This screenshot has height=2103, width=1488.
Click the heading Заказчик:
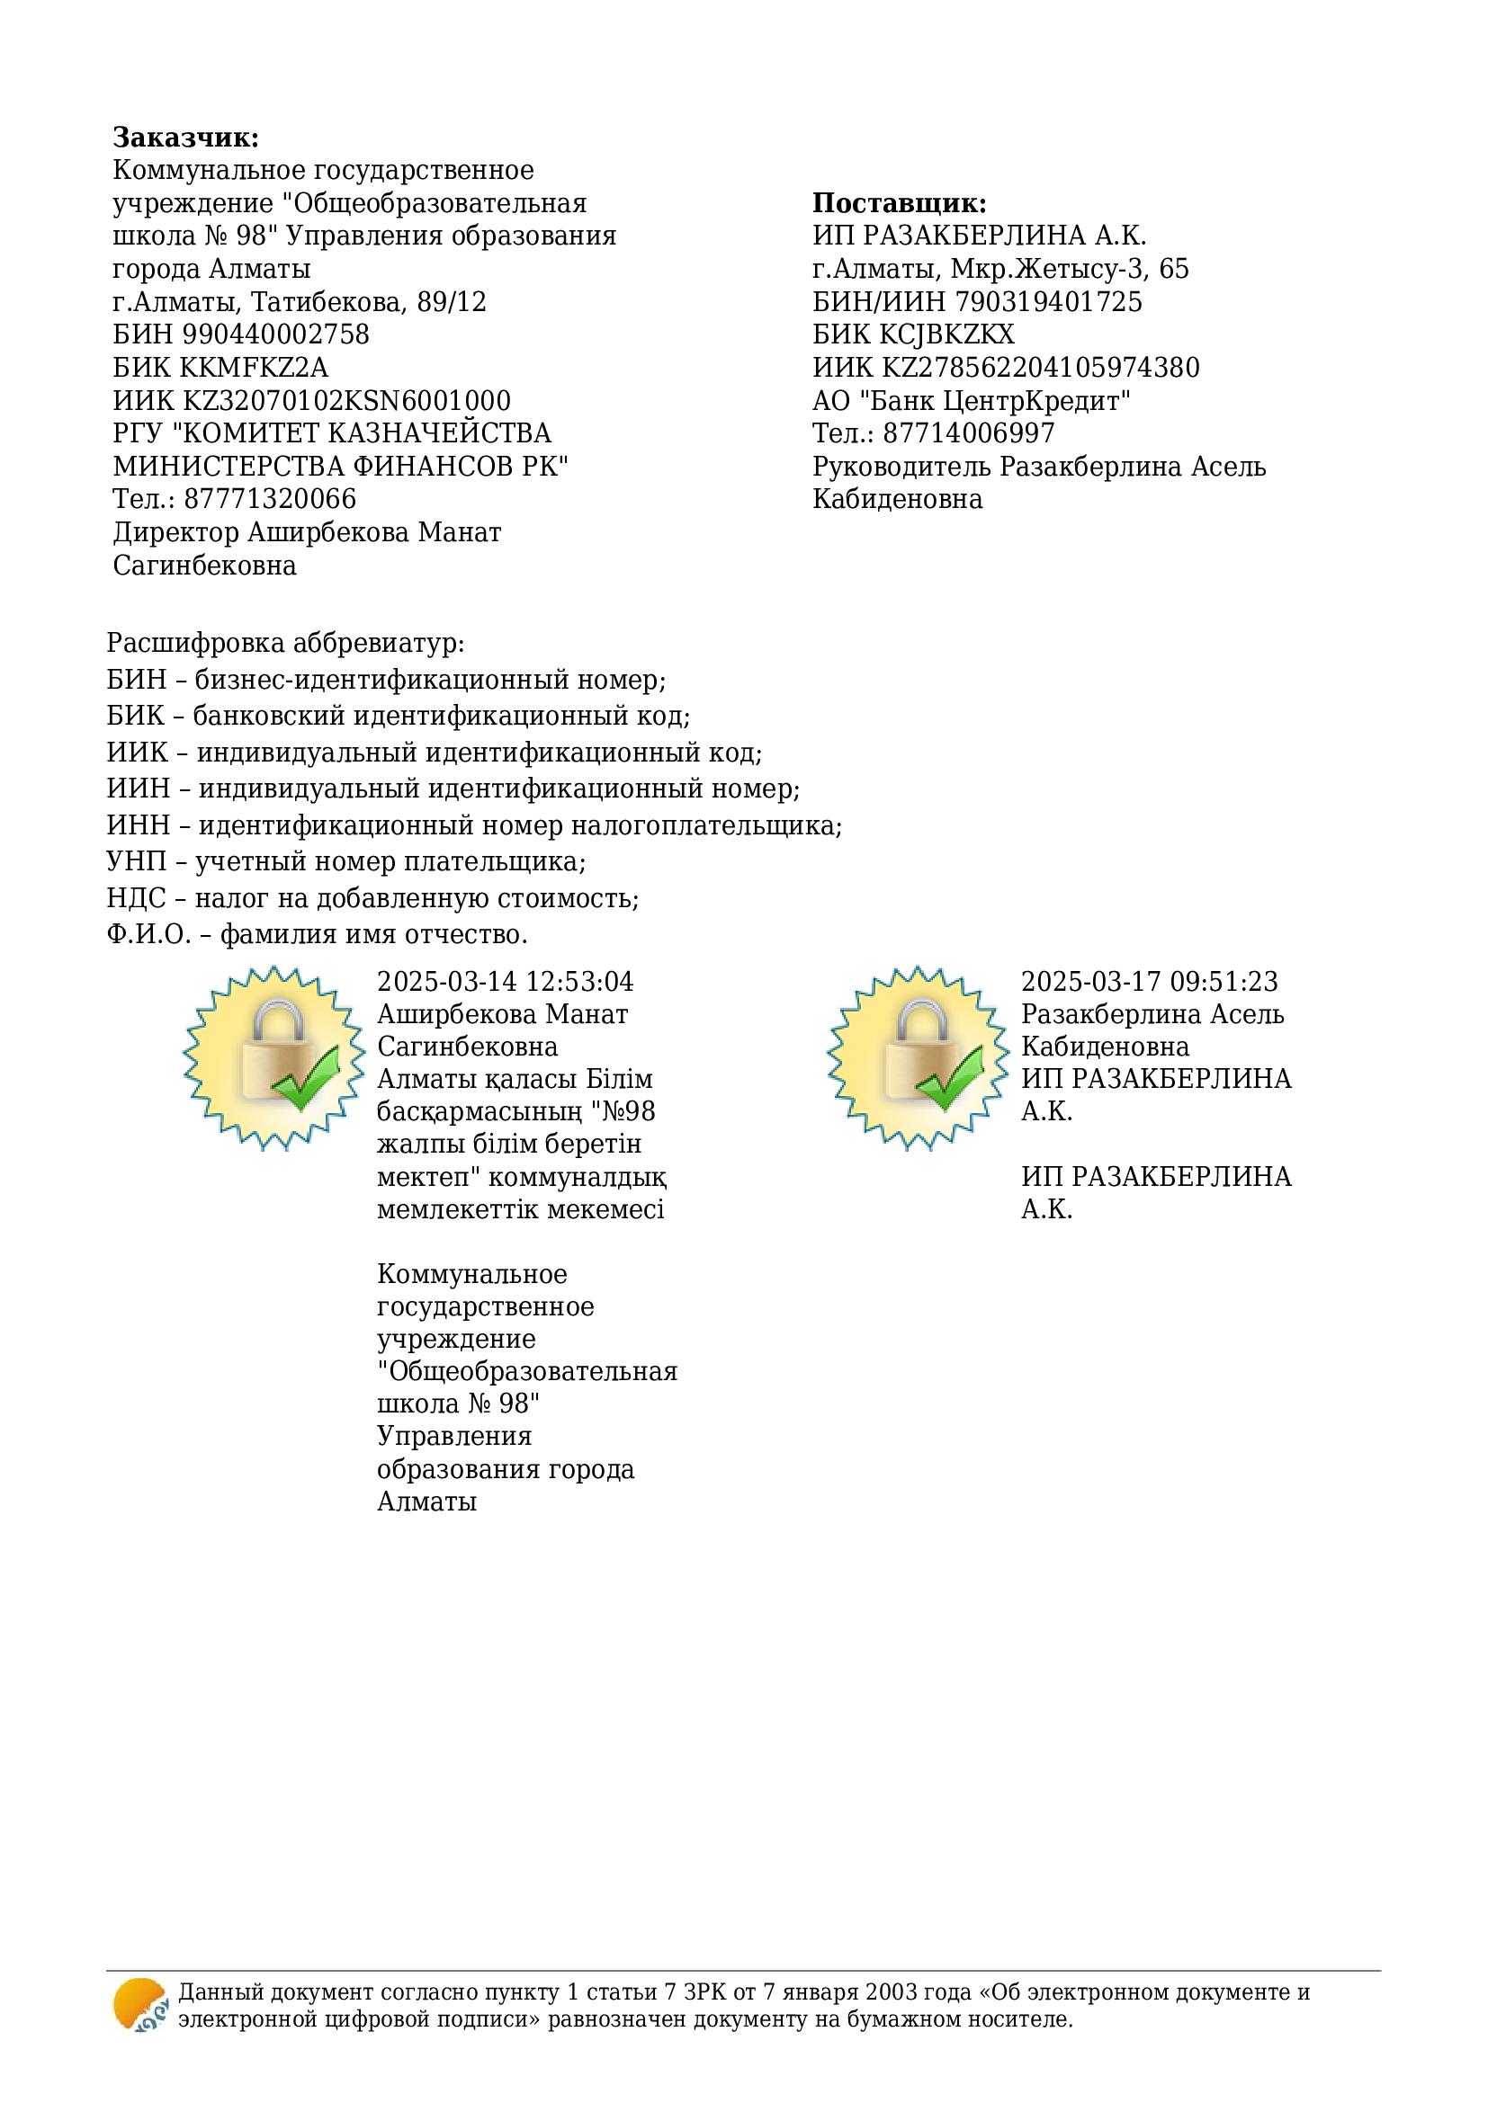[186, 138]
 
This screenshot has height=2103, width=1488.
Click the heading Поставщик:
[899, 203]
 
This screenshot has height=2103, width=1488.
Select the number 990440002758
[276, 334]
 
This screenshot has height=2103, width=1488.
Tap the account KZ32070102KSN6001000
[347, 400]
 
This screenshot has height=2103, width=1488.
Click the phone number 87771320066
[270, 499]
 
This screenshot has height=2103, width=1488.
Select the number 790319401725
[1049, 301]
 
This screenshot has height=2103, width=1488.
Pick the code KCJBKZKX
[948, 334]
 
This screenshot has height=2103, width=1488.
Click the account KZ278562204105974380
[1041, 368]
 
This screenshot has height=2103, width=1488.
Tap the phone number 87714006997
[970, 433]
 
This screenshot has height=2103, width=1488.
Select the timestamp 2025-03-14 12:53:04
[505, 982]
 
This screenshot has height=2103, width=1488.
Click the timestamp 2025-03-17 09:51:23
[1149, 982]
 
